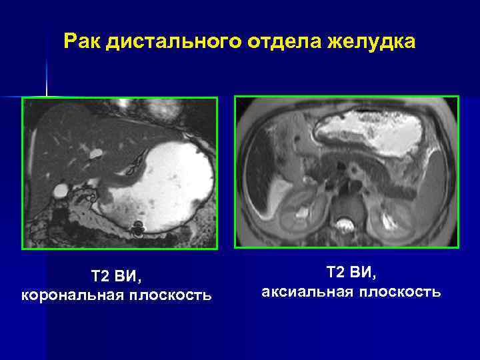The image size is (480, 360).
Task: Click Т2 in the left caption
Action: (x=101, y=275)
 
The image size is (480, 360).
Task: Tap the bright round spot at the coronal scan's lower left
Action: (x=61, y=191)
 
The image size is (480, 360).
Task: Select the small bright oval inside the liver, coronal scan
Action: (x=95, y=153)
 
